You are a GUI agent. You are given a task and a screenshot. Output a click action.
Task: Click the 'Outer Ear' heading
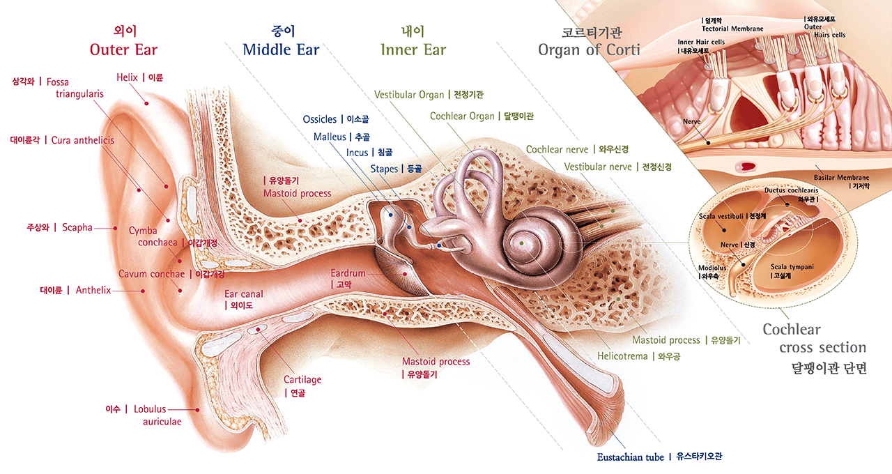tap(123, 49)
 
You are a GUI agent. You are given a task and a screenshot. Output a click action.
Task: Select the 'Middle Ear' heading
tap(281, 49)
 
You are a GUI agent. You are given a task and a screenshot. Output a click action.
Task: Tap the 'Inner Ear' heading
tap(413, 49)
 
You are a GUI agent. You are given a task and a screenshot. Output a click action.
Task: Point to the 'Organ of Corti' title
tap(589, 49)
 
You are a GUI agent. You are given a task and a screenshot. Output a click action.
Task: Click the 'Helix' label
tap(128, 77)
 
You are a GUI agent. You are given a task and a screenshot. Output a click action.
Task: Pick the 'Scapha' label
tap(77, 227)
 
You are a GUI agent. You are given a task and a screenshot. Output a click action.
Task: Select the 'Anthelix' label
tap(93, 290)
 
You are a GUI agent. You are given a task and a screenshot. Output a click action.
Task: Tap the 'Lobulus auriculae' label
tap(157, 415)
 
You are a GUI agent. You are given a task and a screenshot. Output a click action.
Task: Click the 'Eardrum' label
tap(348, 274)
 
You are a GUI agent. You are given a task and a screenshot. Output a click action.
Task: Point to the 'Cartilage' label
tap(302, 380)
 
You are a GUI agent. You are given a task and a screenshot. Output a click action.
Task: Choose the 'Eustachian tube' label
tap(631, 457)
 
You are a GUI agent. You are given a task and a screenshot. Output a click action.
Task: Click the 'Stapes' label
tap(384, 169)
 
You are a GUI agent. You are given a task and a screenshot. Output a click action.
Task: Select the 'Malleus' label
tap(330, 137)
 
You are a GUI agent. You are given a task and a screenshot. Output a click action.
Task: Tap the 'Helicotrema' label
tap(622, 356)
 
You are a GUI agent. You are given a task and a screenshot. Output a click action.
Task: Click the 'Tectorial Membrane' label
tap(732, 29)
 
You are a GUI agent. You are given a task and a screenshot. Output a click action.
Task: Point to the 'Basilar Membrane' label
tap(841, 178)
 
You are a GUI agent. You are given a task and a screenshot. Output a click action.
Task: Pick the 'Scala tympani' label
tap(792, 267)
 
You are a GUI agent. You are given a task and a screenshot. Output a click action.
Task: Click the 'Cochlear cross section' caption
tap(813, 339)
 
